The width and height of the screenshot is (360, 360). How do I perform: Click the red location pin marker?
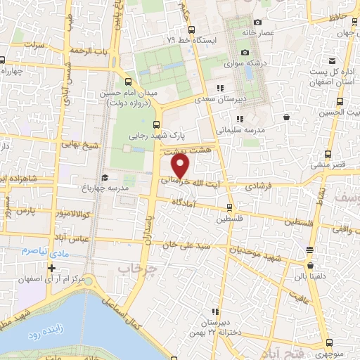click(x=181, y=165)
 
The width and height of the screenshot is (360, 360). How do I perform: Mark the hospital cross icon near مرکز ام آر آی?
click(x=51, y=268)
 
